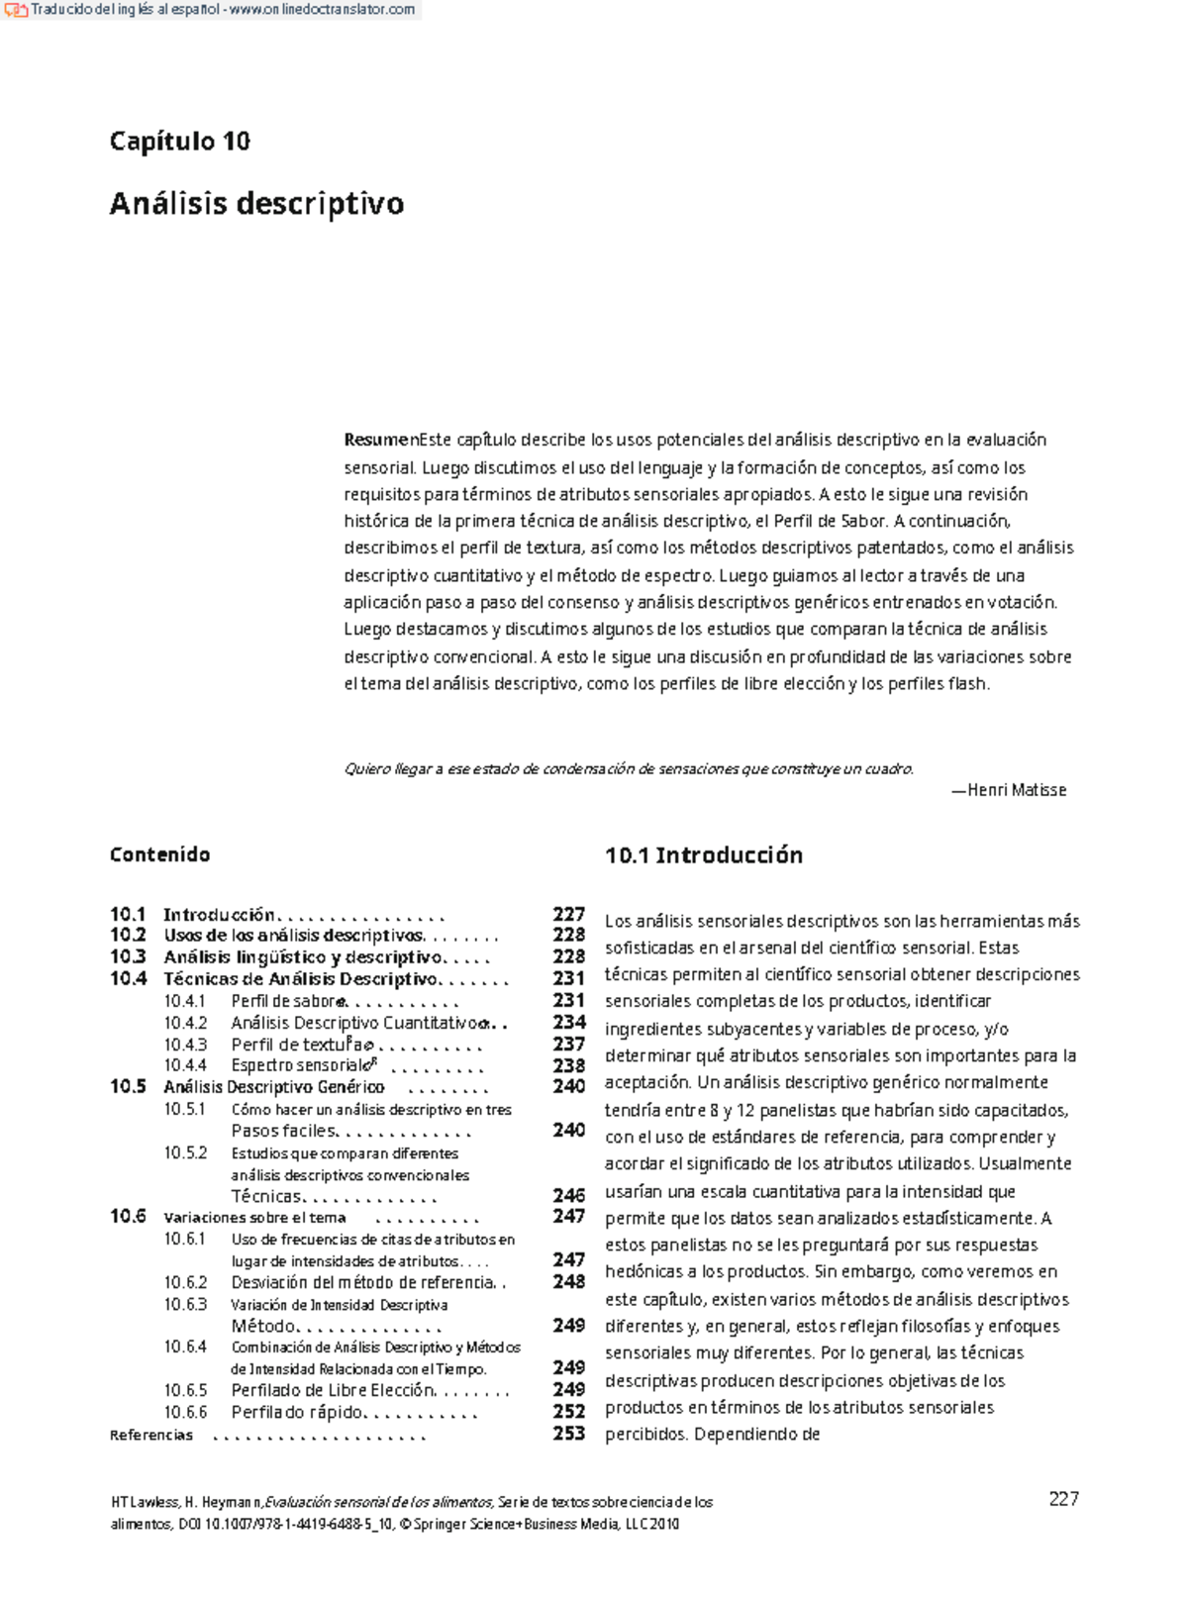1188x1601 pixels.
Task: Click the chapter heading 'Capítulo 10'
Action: point(179,141)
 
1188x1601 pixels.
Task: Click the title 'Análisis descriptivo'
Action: point(256,203)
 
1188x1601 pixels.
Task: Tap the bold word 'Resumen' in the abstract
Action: point(378,440)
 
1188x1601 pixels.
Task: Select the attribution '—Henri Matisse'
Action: point(1009,790)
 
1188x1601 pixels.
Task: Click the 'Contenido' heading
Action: point(159,854)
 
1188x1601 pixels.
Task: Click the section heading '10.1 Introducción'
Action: point(703,855)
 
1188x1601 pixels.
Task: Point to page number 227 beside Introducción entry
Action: point(568,914)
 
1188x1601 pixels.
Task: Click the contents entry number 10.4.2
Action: point(185,1023)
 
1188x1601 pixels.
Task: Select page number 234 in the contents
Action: point(568,1022)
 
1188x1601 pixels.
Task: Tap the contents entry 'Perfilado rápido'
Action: point(297,1412)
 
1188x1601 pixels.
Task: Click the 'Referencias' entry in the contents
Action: point(150,1435)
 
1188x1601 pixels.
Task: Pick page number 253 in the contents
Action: point(568,1433)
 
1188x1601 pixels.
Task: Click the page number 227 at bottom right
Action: point(1063,1499)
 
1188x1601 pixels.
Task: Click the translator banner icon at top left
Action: point(15,10)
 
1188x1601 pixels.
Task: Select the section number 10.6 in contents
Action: point(128,1216)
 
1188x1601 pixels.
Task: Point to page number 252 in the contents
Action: point(568,1411)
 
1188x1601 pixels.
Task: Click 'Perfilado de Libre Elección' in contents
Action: point(333,1390)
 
